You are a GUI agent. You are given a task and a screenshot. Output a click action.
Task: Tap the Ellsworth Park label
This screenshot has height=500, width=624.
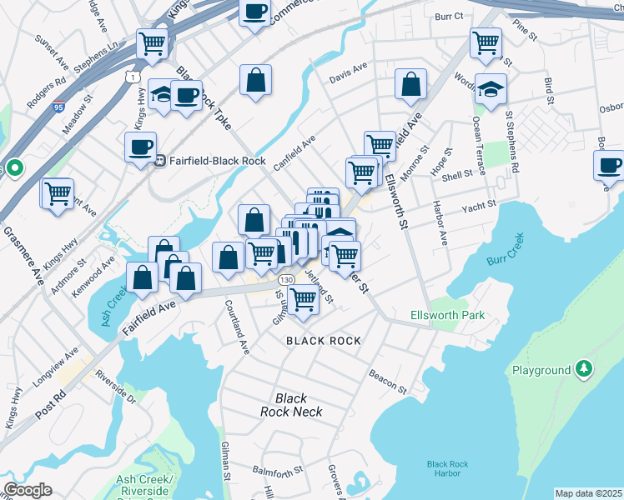[447, 316]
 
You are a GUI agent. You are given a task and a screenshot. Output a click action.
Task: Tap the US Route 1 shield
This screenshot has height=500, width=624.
[133, 77]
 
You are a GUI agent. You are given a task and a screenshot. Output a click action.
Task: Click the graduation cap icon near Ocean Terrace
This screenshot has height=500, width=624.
[491, 89]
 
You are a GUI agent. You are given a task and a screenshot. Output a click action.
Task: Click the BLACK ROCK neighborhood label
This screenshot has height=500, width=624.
[324, 341]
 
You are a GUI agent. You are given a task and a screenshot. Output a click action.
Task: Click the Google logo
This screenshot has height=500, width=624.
[27, 490]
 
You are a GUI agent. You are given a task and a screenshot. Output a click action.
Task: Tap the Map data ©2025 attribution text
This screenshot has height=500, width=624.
[587, 493]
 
